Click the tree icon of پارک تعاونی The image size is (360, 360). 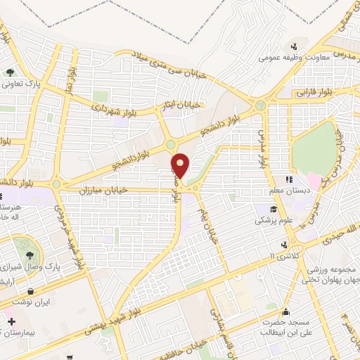coord(11,72)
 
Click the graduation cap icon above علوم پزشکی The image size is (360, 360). coord(273,210)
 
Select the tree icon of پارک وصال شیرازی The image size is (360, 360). coord(29,256)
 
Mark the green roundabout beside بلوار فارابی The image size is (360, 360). coord(260,106)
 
